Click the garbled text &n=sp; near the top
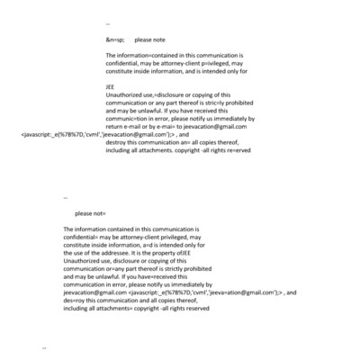pyautogui.click(x=114, y=40)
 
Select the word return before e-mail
pyautogui.click(x=116, y=126)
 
